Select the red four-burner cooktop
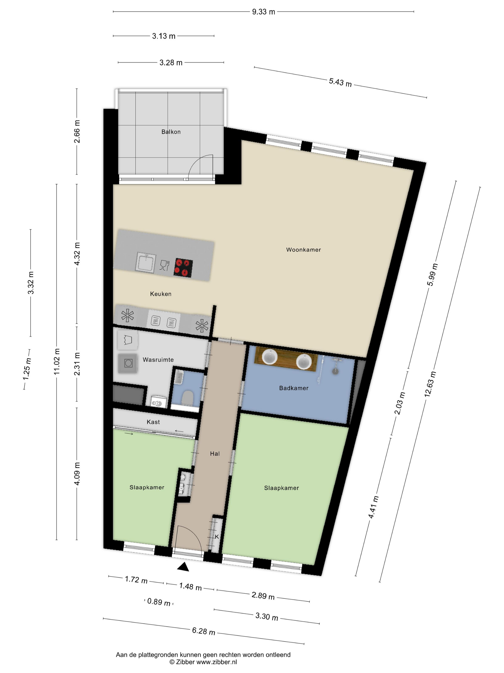pos(183,268)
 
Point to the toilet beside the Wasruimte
pos(187,398)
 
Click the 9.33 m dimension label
pos(263,12)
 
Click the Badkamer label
pos(294,388)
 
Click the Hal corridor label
pos(215,454)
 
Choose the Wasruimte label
pos(158,360)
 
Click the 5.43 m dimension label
pos(340,82)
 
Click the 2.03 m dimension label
pos(400,403)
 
